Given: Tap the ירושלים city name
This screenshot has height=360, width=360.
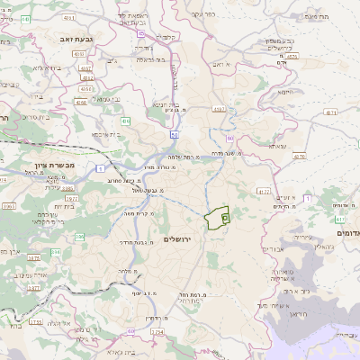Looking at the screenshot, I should tap(180, 238).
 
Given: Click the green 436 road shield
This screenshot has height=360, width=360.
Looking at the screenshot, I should tap(127, 120).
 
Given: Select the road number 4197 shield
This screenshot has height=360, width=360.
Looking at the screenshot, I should tap(219, 109).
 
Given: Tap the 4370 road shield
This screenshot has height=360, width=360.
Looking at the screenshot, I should tap(293, 56).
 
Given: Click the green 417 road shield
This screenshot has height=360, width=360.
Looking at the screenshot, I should tap(340, 218).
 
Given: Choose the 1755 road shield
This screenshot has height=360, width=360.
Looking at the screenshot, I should tap(36, 321).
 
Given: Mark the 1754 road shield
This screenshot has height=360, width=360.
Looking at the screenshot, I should tap(158, 332).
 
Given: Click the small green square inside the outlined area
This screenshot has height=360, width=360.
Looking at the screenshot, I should tap(224, 218).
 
